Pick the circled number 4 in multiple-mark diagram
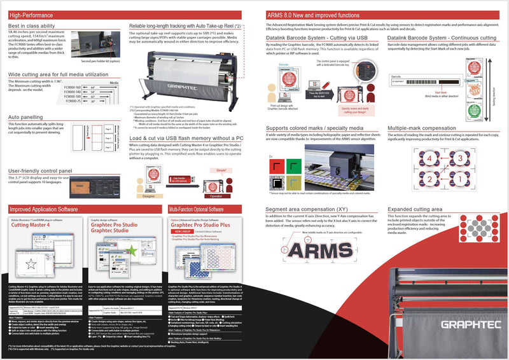(x=410, y=155)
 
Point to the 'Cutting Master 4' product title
(x=31, y=226)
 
